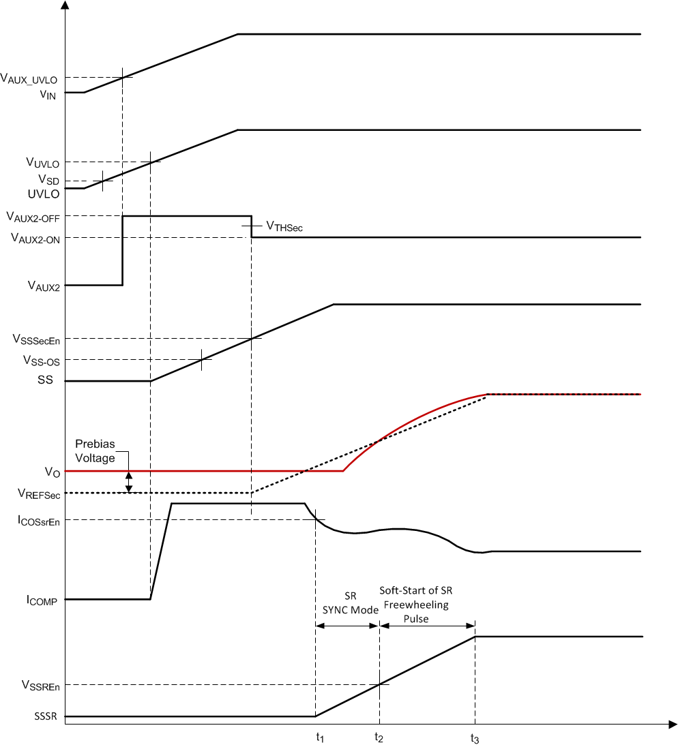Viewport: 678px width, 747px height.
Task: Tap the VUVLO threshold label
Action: [x=42, y=163]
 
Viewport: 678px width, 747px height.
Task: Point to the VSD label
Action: [x=48, y=179]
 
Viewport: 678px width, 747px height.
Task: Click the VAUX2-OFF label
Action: [x=32, y=217]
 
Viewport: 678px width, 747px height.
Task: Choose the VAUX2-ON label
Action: [x=33, y=238]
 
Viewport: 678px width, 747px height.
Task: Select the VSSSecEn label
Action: [x=36, y=339]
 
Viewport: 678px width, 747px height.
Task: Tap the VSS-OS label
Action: [x=41, y=360]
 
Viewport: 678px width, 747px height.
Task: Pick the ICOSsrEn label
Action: [x=37, y=521]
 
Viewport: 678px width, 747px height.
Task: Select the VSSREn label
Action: [x=40, y=686]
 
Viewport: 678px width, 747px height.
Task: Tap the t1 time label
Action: [x=319, y=737]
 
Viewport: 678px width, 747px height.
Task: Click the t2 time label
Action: [x=379, y=737]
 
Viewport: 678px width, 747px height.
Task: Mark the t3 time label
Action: [x=474, y=737]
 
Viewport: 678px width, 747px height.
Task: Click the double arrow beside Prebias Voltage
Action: [x=129, y=482]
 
